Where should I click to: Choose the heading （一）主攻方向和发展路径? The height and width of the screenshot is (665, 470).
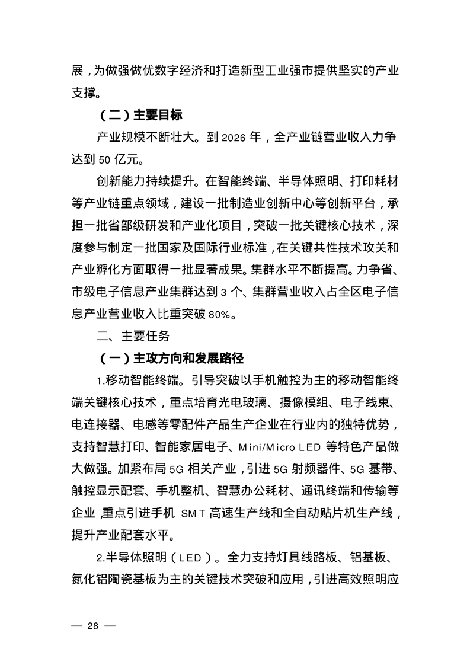[171, 359]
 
